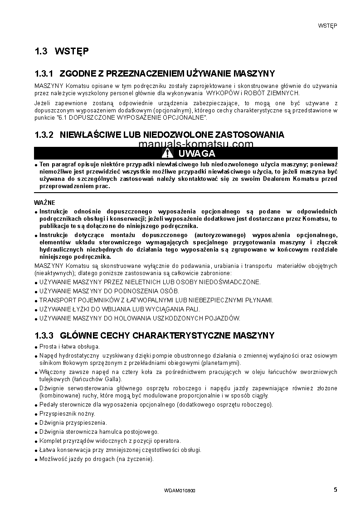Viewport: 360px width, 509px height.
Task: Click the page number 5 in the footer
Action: pyautogui.click(x=335, y=489)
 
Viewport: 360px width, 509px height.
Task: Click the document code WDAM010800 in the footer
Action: pyautogui.click(x=180, y=491)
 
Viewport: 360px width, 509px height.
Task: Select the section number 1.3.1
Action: pyautogui.click(x=44, y=73)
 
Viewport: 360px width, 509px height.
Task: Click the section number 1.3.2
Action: pyautogui.click(x=44, y=135)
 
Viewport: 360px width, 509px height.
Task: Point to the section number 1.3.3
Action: pyautogui.click(x=44, y=335)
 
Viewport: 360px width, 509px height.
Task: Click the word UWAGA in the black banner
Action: pyautogui.click(x=196, y=153)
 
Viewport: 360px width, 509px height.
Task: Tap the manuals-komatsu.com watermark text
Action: pyautogui.click(x=195, y=144)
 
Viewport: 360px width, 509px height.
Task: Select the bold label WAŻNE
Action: pyautogui.click(x=45, y=203)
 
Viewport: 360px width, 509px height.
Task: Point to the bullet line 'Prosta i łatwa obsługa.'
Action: pyautogui.click(x=69, y=346)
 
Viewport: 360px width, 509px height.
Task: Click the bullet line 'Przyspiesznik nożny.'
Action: pyautogui.click(x=67, y=414)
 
